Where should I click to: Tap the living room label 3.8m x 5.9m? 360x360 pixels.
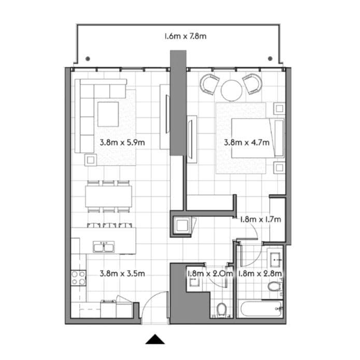(x=122, y=141)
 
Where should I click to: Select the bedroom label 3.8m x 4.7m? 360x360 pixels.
(x=246, y=141)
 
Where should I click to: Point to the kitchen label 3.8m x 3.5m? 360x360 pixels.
(x=122, y=273)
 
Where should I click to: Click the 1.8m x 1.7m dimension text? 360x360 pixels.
(x=260, y=219)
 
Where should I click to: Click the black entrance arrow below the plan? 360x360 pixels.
(x=155, y=339)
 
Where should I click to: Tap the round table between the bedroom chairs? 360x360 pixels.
(x=232, y=90)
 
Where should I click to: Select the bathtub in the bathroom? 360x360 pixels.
(x=261, y=309)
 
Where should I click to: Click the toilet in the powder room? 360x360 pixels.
(x=222, y=310)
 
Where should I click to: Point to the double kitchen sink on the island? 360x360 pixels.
(x=106, y=247)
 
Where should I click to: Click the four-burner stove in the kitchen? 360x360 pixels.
(x=78, y=278)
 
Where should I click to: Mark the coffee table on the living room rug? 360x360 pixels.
(x=108, y=113)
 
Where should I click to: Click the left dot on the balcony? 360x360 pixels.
(x=88, y=58)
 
